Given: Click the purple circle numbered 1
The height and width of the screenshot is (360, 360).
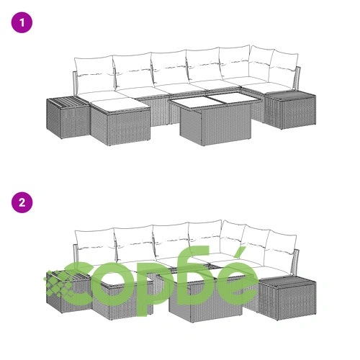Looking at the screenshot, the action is [x=22, y=22].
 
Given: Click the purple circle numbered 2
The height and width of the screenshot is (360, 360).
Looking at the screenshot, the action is [x=22, y=202].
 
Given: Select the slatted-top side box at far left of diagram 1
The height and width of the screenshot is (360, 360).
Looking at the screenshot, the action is [x=68, y=117].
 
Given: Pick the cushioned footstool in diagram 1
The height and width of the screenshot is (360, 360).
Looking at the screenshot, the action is [x=120, y=121].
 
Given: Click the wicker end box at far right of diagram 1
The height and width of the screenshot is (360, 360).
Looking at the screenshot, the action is [x=290, y=110].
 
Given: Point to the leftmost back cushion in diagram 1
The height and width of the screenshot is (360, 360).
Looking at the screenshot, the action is [x=94, y=75].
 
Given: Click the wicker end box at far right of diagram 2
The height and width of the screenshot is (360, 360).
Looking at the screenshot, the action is [x=287, y=297].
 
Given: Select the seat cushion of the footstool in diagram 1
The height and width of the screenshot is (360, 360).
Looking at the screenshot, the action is [x=120, y=104].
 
